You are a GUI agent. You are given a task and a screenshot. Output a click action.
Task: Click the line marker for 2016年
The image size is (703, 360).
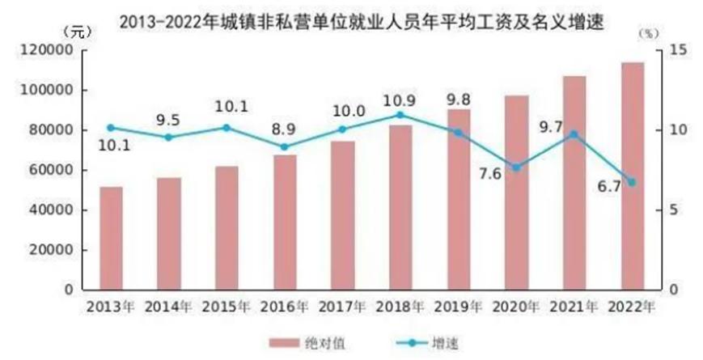284,147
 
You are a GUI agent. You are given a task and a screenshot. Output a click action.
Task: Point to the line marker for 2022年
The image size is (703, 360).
632,182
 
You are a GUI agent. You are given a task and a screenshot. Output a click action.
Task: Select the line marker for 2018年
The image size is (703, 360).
400,115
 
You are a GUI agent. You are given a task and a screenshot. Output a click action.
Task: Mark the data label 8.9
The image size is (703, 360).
284,128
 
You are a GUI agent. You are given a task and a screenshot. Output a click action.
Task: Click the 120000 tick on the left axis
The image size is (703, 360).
53,50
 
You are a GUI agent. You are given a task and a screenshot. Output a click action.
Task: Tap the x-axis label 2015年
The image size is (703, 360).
226,307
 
